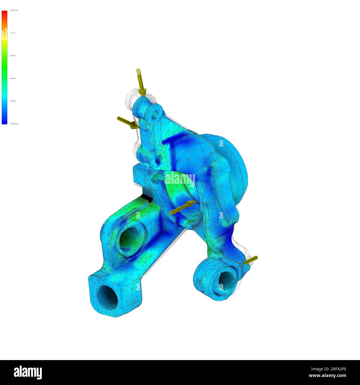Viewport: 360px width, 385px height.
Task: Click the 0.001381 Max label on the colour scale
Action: pyautogui.click(x=14, y=10)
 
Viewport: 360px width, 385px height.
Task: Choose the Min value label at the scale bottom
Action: pyautogui.click(x=14, y=124)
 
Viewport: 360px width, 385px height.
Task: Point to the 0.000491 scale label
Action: pyautogui.click(x=13, y=56)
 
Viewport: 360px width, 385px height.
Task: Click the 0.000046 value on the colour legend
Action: pyautogui.click(x=13, y=78)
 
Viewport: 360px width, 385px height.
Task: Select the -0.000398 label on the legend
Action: pyautogui.click(x=13, y=101)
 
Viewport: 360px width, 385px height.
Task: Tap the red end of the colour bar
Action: pyautogui.click(x=4, y=14)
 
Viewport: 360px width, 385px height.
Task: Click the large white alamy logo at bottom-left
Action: pyautogui.click(x=28, y=373)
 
